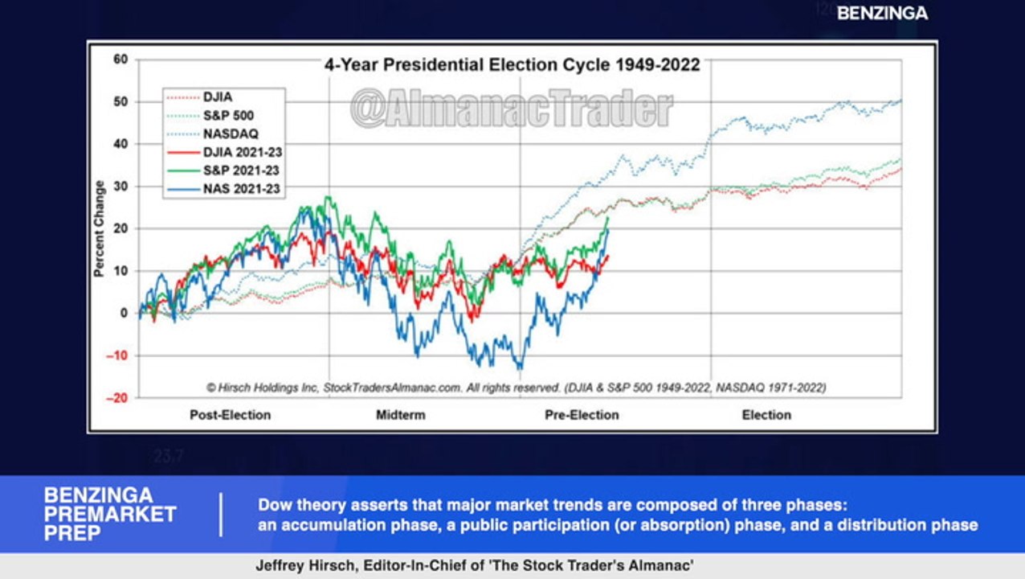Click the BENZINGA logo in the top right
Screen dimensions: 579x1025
[x=882, y=13]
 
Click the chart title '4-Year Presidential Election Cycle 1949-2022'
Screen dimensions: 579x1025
[x=512, y=65]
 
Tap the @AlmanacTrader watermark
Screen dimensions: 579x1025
[x=511, y=109]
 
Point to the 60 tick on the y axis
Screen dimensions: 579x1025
[x=121, y=60]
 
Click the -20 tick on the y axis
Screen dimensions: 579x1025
[x=118, y=397]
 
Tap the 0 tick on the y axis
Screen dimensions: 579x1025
[x=125, y=313]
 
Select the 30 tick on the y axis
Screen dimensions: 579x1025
[x=121, y=186]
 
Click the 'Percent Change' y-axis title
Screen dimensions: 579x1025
[x=100, y=228]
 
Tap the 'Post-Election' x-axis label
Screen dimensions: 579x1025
[x=230, y=415]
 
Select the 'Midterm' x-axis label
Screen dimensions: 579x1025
[x=400, y=415]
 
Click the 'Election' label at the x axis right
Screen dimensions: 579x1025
[x=766, y=415]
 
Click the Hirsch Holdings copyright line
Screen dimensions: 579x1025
[x=516, y=388]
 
